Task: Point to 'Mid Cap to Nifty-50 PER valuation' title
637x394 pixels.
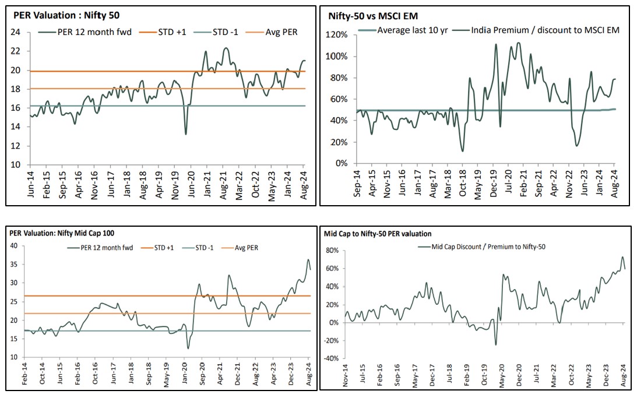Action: (378, 234)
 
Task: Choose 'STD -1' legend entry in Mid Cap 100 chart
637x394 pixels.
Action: (202, 248)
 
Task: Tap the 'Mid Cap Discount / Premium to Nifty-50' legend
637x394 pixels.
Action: (487, 247)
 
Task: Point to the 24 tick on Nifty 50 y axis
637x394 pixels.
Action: (17, 33)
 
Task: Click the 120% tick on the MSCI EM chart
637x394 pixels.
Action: (337, 35)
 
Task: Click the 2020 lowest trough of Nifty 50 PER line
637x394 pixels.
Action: (186, 134)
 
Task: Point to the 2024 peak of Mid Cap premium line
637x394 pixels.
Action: (622, 257)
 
